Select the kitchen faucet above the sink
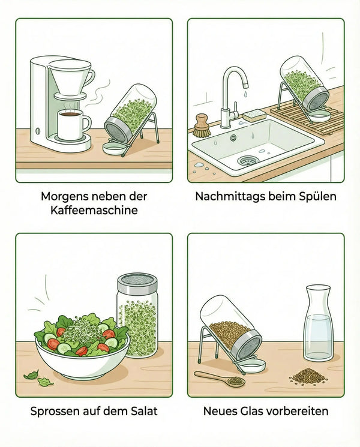point(231,96)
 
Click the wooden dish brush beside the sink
point(202,126)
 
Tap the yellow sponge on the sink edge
point(255,115)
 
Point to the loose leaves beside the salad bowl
point(37,378)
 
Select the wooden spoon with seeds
point(219,379)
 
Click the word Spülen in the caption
point(320,197)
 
